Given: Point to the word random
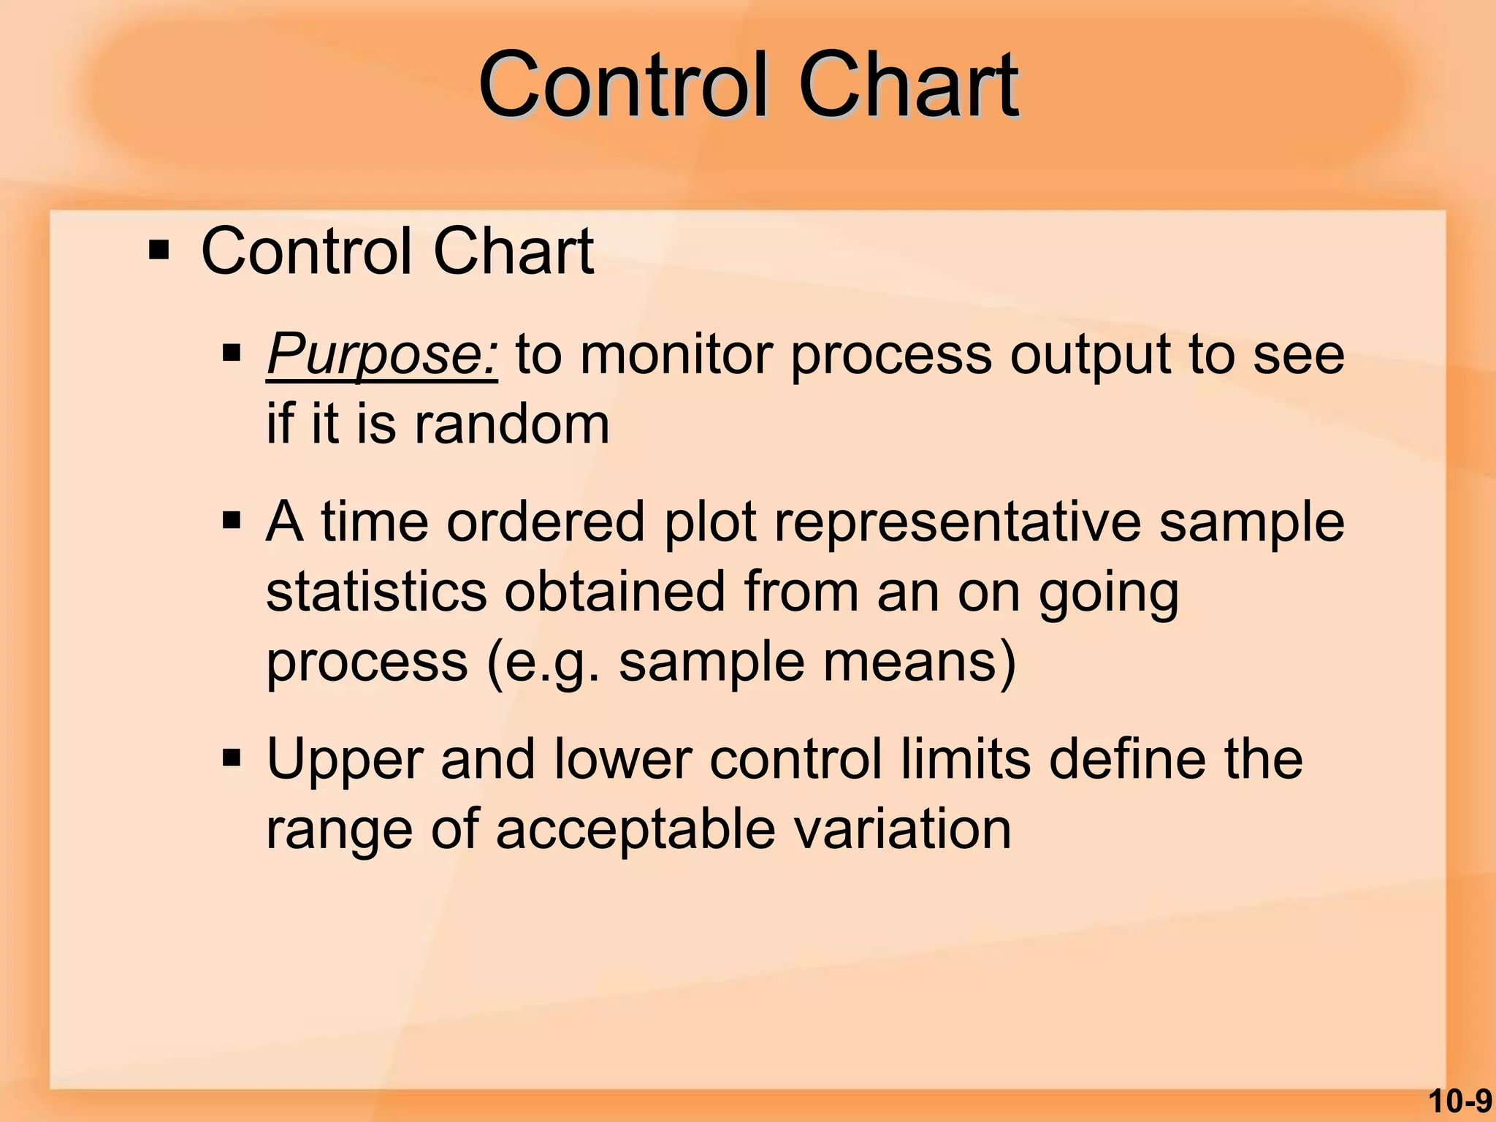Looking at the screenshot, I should [511, 424].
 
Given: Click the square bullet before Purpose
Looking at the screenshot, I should [232, 355].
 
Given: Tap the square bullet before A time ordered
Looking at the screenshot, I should [232, 522].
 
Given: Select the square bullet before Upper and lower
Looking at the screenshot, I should [232, 759].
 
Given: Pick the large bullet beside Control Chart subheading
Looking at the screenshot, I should [159, 251].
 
